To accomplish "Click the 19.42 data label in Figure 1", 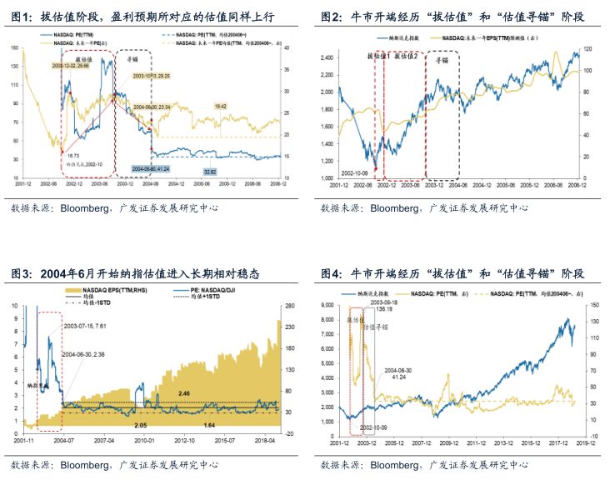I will click(220, 107).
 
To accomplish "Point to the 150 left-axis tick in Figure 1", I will click(15, 47).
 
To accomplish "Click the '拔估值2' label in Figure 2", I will click(405, 55).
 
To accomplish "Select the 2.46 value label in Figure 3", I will click(181, 392).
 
